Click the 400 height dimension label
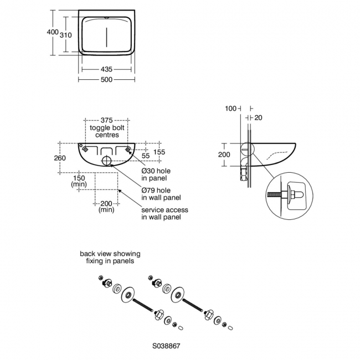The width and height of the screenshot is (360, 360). point(53,32)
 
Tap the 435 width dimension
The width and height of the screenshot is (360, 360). point(106,69)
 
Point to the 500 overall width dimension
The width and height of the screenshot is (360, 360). point(106,79)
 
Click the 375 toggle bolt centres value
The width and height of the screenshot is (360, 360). point(106,121)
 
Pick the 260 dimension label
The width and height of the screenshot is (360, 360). point(60,158)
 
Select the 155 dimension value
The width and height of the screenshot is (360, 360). point(160,151)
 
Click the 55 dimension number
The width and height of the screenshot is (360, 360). point(146,157)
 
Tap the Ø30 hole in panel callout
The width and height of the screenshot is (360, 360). point(156,174)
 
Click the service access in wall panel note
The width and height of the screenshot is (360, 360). point(164,213)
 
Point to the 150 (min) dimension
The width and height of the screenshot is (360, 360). point(79,181)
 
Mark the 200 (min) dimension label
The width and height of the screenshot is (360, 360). point(106,207)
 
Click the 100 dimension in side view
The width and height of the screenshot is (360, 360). point(231,108)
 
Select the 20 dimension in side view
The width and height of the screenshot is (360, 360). point(259,117)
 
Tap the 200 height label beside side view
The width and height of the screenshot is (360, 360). point(224,155)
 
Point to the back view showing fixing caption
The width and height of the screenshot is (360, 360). point(110,257)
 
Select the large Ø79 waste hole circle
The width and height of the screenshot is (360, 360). point(106,162)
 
